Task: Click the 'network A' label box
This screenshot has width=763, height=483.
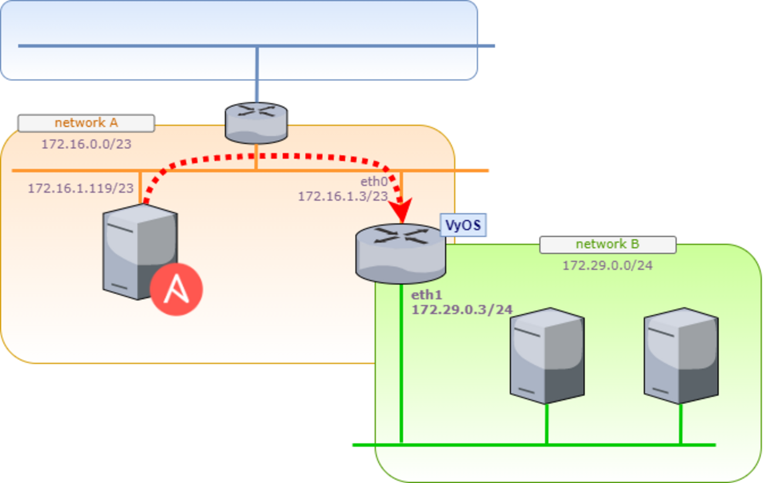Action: pos(86,123)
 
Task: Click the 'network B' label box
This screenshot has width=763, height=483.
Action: pos(607,244)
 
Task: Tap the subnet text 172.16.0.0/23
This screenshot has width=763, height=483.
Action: pos(86,144)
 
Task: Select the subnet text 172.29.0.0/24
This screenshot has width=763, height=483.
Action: pos(607,266)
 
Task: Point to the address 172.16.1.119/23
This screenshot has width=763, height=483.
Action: pos(80,189)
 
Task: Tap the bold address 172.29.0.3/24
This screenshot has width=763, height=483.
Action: pos(462,309)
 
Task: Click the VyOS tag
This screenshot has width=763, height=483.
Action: pos(464,225)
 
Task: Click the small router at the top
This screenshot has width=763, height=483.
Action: pos(256,123)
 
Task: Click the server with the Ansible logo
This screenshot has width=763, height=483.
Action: pos(139,253)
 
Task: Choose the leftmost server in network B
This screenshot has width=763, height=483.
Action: pos(546,356)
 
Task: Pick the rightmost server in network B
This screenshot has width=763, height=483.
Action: pos(681,356)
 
